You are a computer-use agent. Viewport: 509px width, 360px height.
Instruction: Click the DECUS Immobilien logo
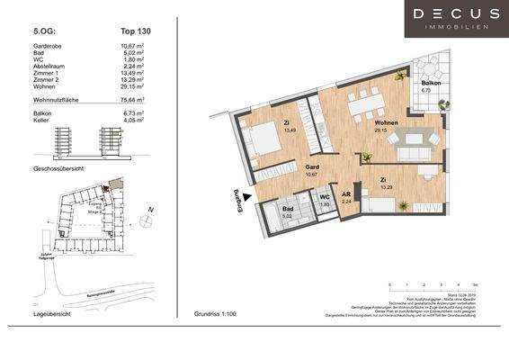(456, 20)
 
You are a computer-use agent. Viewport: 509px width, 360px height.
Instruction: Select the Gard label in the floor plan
(313, 166)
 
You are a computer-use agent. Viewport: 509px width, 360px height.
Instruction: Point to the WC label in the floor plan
(325, 197)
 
